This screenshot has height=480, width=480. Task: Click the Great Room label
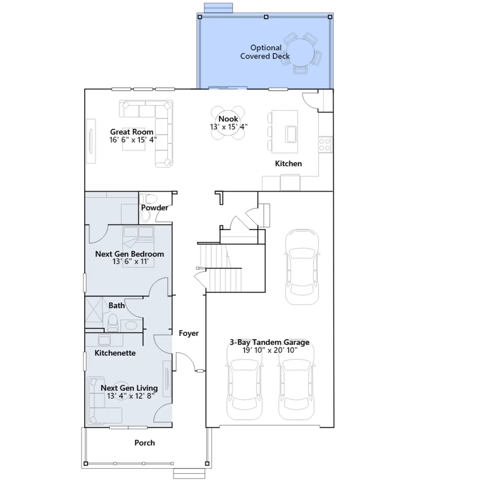point(132,132)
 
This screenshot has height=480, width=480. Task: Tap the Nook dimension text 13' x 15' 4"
point(229,127)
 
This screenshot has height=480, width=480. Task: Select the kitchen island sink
point(291,134)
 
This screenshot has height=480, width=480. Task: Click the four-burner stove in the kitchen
point(325,144)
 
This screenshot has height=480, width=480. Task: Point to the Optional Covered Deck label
point(265,52)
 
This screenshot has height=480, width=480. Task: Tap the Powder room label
point(154,208)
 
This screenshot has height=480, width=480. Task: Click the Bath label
point(116,305)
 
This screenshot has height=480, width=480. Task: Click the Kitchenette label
point(115,353)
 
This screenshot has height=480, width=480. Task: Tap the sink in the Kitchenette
point(104,340)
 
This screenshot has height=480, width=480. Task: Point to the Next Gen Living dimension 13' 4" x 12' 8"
point(131,396)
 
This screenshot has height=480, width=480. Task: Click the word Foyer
point(189,333)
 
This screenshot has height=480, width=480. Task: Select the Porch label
point(145,443)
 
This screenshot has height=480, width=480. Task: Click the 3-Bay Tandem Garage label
point(269,342)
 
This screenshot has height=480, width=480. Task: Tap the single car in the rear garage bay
point(302,267)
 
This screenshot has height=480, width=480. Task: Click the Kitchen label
point(288,163)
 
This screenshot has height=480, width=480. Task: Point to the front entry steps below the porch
point(189,473)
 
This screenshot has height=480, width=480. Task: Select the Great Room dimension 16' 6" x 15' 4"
point(133,140)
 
